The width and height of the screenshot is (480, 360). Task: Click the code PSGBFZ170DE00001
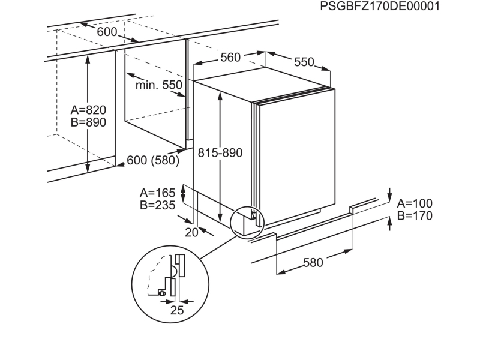click(x=380, y=6)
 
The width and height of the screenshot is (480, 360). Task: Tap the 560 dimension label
click(x=230, y=57)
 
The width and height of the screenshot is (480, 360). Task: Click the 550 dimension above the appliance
click(x=304, y=62)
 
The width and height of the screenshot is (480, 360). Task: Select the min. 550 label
click(x=159, y=85)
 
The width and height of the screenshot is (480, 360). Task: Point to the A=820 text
click(x=88, y=110)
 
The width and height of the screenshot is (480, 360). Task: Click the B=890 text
click(x=88, y=122)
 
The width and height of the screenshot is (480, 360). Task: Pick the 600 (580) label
click(x=153, y=160)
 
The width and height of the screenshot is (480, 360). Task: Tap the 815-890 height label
click(x=220, y=153)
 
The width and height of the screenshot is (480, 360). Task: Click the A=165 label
click(x=158, y=193)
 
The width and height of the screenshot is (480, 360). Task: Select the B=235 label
click(x=158, y=205)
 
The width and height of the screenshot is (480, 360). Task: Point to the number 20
click(x=191, y=233)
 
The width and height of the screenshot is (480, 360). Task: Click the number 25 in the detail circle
click(x=177, y=310)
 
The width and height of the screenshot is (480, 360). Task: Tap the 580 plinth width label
click(x=313, y=263)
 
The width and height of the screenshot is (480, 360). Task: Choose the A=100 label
click(x=415, y=203)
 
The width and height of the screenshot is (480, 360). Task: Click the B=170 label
click(x=415, y=215)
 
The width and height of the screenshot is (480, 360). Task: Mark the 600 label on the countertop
click(x=107, y=32)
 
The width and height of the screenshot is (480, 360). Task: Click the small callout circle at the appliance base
click(x=247, y=222)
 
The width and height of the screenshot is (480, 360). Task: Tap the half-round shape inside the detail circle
click(x=174, y=271)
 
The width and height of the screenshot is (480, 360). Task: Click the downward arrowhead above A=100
click(x=389, y=197)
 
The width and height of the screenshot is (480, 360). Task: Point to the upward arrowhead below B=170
click(x=389, y=221)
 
